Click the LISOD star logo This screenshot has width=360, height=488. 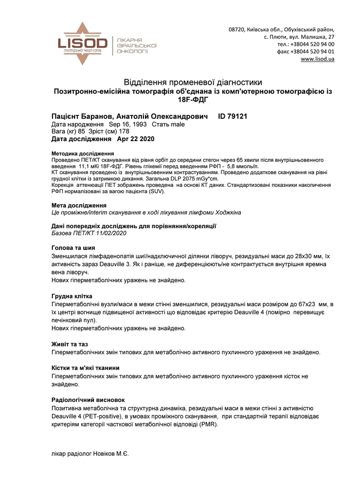click(83, 43)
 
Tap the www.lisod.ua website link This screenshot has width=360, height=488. click(317, 59)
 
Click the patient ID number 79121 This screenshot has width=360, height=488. click(237, 116)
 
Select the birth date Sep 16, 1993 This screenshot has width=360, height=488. click(128, 124)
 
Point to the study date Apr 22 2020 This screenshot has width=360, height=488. click(136, 139)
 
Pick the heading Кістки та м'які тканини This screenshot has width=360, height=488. click(86, 368)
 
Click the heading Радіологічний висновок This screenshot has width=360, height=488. click(88, 399)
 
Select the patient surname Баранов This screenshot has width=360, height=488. click(102, 116)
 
